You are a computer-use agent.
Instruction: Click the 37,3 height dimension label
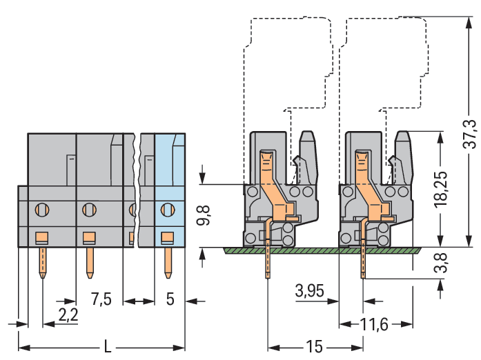(470, 134)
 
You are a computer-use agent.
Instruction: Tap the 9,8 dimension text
(203, 215)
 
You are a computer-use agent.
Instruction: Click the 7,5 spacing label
(101, 299)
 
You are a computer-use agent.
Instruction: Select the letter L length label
(107, 347)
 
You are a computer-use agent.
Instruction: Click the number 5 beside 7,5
(170, 299)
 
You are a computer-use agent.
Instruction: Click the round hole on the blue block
(166, 208)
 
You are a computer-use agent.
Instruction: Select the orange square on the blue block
(166, 239)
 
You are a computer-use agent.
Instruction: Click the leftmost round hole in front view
(42, 208)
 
